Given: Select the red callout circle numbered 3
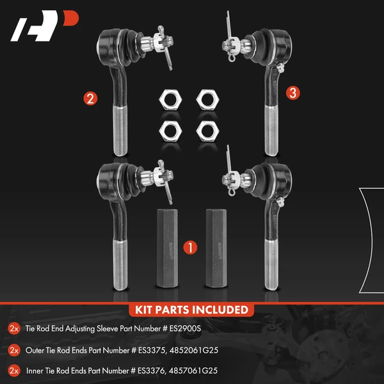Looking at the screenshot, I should coord(292,93).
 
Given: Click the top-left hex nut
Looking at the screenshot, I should coord(168,99).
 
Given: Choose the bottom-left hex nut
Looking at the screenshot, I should coord(168,129).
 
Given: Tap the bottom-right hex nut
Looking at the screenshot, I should coord(207,129).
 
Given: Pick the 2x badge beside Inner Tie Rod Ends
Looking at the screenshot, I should coord(14,369).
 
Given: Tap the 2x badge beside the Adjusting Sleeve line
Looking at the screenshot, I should coord(14,328).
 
